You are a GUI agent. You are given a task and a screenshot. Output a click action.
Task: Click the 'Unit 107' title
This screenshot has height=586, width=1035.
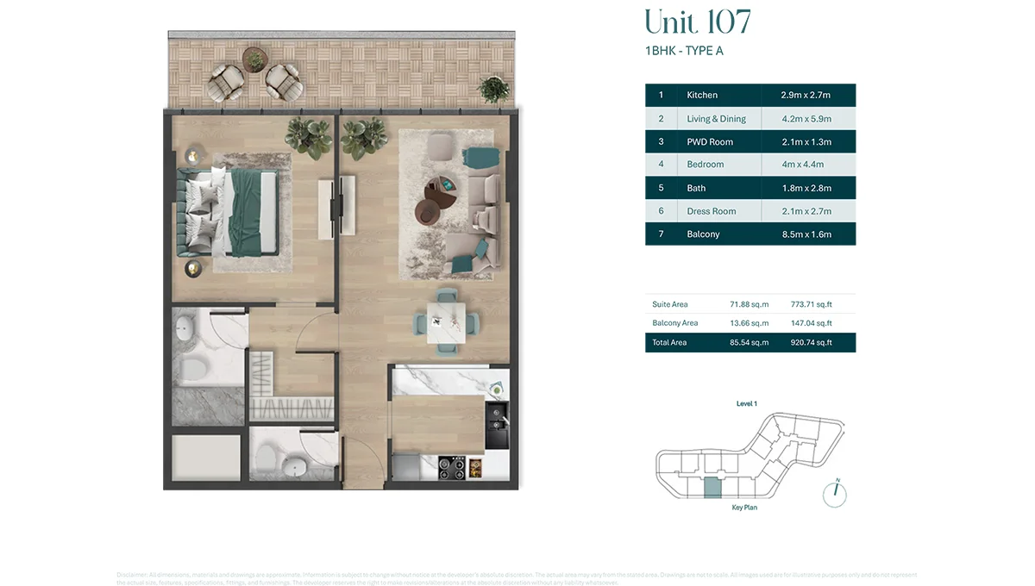698,22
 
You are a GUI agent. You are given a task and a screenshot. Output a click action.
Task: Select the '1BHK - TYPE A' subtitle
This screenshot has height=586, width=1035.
684,51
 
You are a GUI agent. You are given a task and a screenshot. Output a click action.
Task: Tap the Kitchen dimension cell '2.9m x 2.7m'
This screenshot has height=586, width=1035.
806,96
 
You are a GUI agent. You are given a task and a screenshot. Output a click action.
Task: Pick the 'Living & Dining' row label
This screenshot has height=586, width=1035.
716,119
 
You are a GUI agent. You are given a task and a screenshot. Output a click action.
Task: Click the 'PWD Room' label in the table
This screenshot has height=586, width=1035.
710,141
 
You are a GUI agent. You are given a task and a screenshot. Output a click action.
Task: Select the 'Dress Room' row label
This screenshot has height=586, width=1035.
711,211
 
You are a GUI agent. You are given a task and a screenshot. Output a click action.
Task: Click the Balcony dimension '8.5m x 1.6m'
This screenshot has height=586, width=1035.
806,234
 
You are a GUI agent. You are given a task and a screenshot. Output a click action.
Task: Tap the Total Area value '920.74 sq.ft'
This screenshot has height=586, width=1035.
811,343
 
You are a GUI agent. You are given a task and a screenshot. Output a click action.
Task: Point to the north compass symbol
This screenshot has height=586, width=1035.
834,494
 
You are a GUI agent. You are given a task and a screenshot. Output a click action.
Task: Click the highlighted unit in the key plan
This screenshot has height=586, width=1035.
712,488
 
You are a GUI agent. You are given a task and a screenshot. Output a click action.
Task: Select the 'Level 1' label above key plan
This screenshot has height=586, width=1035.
746,403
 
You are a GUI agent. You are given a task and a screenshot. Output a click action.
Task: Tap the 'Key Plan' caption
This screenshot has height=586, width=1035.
743,508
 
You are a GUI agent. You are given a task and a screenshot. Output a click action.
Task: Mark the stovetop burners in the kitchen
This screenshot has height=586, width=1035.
452,468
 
